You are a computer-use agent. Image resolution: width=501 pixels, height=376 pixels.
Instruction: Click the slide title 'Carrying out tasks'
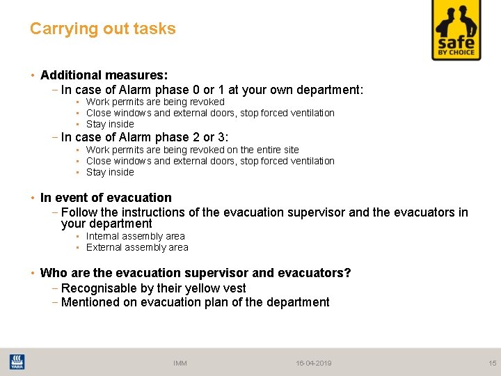pyautogui.click(x=103, y=29)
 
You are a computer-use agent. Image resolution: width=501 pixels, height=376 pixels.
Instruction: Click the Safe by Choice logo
pyautogui.click(x=456, y=30)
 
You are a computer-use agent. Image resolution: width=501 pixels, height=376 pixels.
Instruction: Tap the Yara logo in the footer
pyautogui.click(x=17, y=362)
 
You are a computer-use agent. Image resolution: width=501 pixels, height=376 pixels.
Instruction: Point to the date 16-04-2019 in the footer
pyautogui.click(x=313, y=363)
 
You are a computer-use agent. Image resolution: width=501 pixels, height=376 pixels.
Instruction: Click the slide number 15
pyautogui.click(x=492, y=363)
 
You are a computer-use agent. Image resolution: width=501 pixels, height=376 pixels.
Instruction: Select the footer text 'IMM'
pyautogui.click(x=180, y=363)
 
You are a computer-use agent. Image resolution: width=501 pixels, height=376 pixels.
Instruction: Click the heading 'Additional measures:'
pyautogui.click(x=104, y=75)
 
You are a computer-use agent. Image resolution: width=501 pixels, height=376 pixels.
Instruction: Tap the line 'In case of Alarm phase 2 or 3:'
pyautogui.click(x=145, y=137)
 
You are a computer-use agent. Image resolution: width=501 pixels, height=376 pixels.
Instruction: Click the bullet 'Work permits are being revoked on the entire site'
pyautogui.click(x=192, y=150)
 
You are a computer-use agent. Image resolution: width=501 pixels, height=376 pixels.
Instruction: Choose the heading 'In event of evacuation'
pyautogui.click(x=106, y=198)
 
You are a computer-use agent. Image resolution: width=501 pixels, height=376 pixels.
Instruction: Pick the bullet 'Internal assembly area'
pyautogui.click(x=135, y=236)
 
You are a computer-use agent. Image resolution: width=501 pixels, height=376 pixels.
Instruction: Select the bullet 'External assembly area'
pyautogui.click(x=137, y=247)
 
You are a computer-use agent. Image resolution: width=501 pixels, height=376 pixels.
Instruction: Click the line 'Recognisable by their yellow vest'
pyautogui.click(x=153, y=288)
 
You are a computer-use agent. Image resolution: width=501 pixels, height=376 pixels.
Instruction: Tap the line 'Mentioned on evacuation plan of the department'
pyautogui.click(x=195, y=302)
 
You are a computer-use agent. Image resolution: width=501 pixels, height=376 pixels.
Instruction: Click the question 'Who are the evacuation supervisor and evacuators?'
pyautogui.click(x=196, y=273)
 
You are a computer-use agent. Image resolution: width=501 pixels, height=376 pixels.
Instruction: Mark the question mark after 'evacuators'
pyautogui.click(x=347, y=273)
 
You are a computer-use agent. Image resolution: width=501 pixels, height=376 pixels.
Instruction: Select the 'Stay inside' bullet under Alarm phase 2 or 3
pyautogui.click(x=110, y=172)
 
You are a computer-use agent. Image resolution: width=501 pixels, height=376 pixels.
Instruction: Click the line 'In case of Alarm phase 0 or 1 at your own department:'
pyautogui.click(x=212, y=90)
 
